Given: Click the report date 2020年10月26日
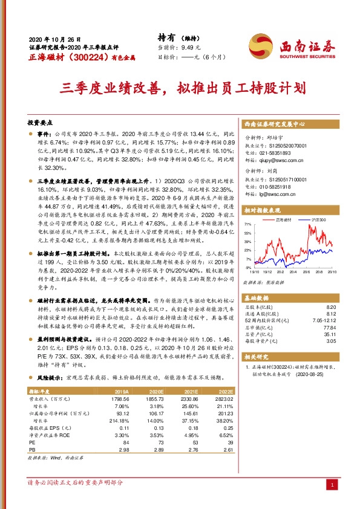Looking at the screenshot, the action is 50,37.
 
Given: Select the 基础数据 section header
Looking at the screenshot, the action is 257,299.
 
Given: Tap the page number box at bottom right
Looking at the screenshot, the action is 332,485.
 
